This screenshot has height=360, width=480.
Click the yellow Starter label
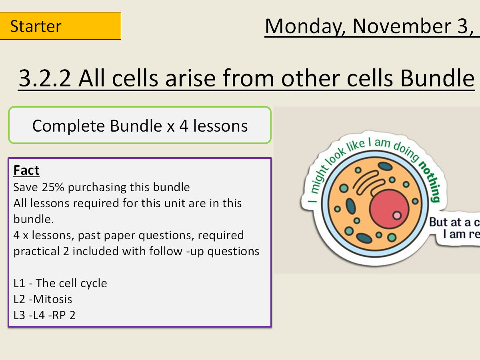(x=60, y=26)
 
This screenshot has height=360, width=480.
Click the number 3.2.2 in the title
(x=45, y=78)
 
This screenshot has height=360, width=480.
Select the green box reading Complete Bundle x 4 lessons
(x=140, y=126)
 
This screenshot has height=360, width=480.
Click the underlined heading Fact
(x=26, y=171)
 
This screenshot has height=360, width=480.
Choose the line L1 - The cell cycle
(x=60, y=283)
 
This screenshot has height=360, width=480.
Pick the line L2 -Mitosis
(x=43, y=299)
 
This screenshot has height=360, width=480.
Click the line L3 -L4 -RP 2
(x=44, y=315)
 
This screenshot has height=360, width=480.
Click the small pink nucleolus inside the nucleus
(x=397, y=216)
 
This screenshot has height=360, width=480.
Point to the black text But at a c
(x=454, y=222)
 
